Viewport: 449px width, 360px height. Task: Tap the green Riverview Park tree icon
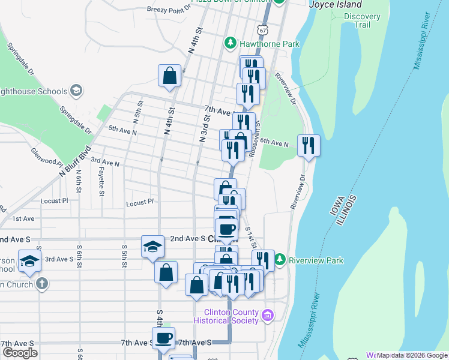click(x=280, y=260)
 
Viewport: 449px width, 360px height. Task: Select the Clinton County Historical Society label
click(x=231, y=316)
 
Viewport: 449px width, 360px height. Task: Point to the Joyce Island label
click(x=336, y=5)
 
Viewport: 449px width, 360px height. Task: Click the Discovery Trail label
click(x=362, y=20)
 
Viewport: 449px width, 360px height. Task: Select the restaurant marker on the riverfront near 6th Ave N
click(x=309, y=145)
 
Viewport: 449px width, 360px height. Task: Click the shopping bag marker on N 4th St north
click(x=170, y=76)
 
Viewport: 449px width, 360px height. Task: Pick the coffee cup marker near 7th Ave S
click(x=163, y=338)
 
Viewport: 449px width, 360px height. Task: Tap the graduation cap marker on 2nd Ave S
click(x=152, y=246)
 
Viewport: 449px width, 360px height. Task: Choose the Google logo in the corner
click(x=20, y=353)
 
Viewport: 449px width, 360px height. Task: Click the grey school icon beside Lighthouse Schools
click(x=76, y=90)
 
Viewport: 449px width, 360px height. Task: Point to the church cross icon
click(x=41, y=283)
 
